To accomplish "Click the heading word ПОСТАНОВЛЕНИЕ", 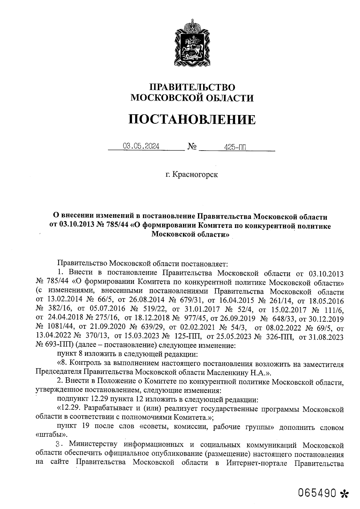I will click(192, 119).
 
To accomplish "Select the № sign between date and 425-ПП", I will click(192, 147).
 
